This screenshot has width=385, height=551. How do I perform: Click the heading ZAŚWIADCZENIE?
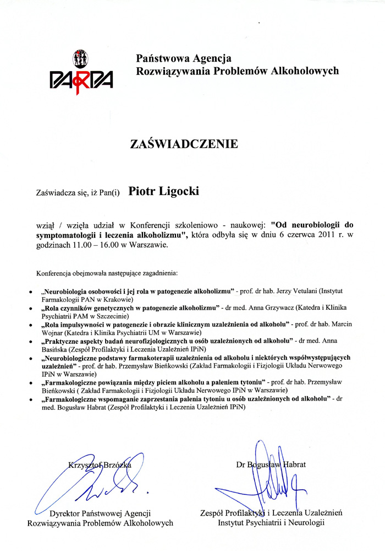(184, 144)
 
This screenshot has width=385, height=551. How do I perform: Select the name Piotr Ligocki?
(164, 191)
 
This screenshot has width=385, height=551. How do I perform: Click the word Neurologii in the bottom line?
(306, 522)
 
